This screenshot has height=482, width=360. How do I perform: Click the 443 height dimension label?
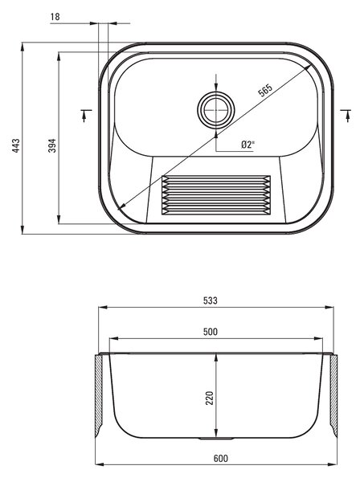point(16,145)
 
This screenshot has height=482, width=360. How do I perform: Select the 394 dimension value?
point(52,145)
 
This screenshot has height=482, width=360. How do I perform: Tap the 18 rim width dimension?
point(55,17)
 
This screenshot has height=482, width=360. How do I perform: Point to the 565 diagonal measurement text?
point(265,90)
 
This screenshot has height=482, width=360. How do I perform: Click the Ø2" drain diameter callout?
point(248,145)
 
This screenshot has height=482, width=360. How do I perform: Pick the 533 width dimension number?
point(211,300)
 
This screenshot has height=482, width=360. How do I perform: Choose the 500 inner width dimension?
point(211,332)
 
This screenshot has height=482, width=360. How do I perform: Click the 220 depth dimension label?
point(210,398)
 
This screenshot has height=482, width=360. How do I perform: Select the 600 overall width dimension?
point(221,459)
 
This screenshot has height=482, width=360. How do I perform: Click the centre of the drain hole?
point(216,108)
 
